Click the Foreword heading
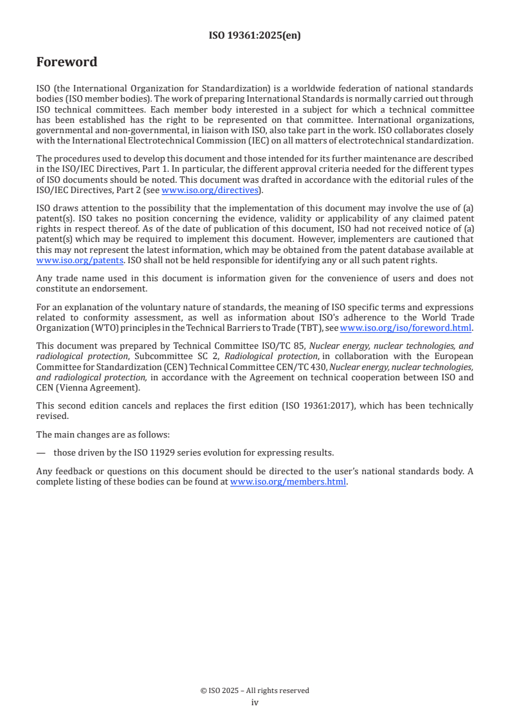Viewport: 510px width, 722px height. point(67,62)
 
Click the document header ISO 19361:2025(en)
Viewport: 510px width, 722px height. point(255,36)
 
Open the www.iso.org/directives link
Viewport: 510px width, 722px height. point(210,190)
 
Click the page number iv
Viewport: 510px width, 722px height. point(255,702)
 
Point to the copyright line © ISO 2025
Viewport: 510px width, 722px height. point(255,690)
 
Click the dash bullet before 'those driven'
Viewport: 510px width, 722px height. point(41,452)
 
